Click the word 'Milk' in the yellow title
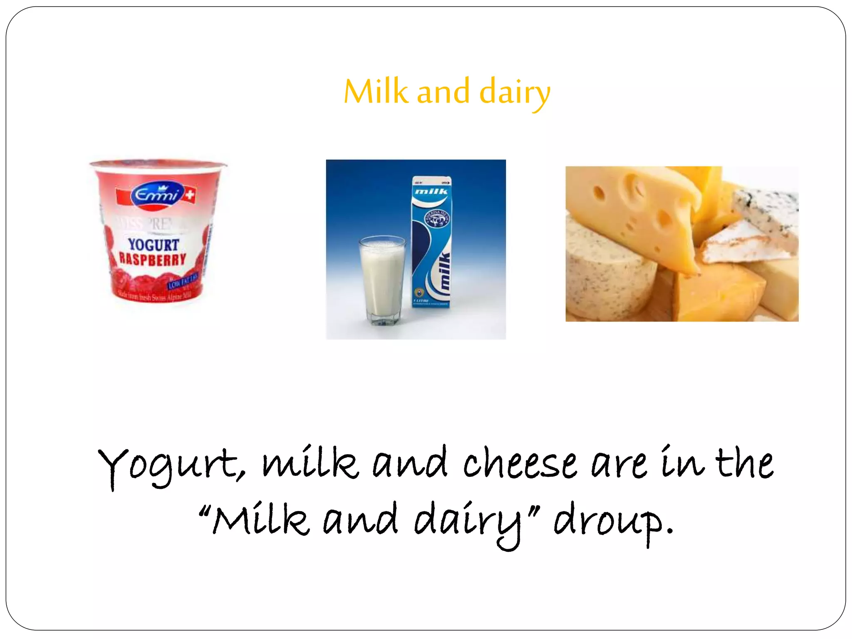(x=376, y=92)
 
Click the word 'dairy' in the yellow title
(x=515, y=92)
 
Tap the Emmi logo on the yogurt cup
(x=157, y=194)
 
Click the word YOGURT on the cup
(x=153, y=245)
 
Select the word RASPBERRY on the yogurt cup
(x=152, y=260)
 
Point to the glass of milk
(x=382, y=279)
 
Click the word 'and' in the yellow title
(x=443, y=92)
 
